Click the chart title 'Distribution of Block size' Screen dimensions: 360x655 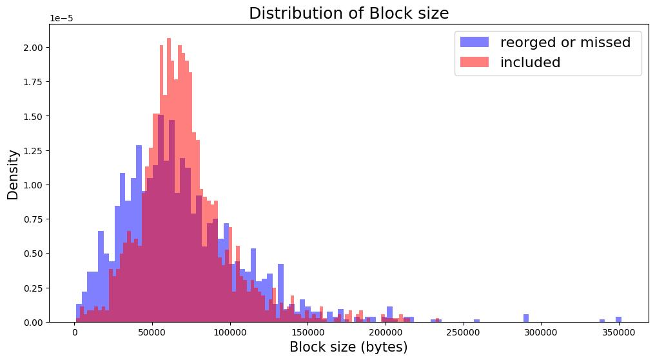[349, 14]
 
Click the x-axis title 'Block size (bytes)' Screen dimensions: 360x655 [348, 347]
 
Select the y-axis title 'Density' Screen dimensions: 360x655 [13, 174]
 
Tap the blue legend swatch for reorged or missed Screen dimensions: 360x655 [474, 43]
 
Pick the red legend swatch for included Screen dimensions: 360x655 [474, 63]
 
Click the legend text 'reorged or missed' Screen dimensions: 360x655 [565, 43]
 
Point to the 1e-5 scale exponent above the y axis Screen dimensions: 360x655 [61, 19]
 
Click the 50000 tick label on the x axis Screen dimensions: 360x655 [152, 333]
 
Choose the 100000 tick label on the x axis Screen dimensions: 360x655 [230, 333]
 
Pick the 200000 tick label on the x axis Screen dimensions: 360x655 [386, 333]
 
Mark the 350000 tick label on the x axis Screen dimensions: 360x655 [619, 333]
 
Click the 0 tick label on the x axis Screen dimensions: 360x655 [75, 333]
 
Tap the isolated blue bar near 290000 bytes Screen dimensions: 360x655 [526, 318]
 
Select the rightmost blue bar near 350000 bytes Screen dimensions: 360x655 [618, 319]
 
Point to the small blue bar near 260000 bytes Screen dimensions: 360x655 [477, 321]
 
